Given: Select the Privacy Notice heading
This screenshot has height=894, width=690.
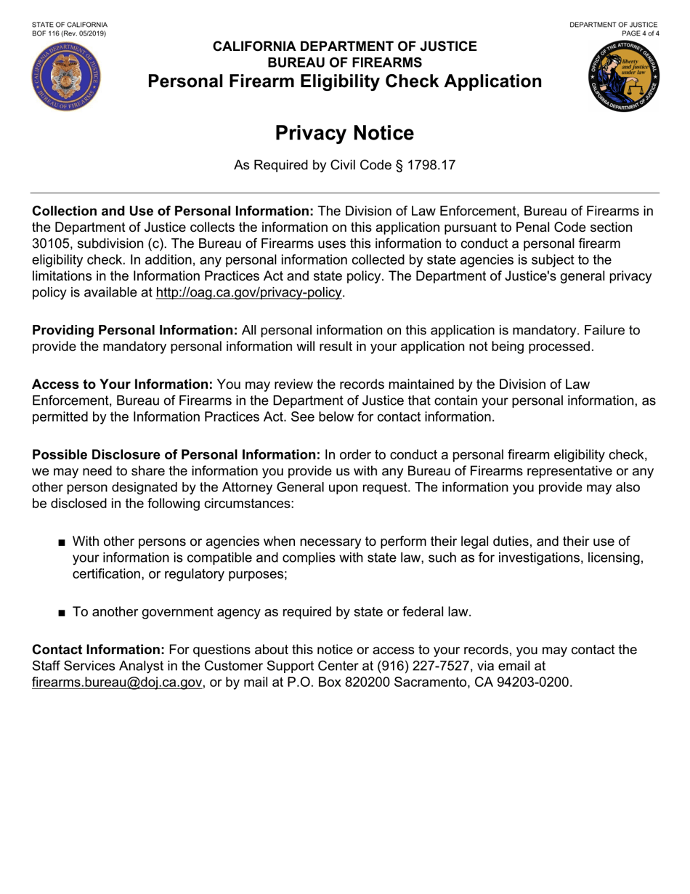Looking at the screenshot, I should [x=345, y=134].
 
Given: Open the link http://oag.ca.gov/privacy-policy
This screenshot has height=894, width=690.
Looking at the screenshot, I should [x=248, y=292].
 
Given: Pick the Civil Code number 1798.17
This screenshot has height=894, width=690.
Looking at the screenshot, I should [x=429, y=166].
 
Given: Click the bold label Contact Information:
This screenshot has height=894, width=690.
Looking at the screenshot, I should [x=99, y=650].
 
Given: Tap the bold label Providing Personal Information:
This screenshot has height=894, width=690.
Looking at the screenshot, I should [x=135, y=330].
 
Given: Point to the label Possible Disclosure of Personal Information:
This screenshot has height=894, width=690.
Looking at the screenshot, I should [x=176, y=455].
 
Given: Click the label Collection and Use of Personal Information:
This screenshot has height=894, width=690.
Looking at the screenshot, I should [x=173, y=212].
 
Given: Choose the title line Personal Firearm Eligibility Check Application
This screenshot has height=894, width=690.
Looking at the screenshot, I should [x=345, y=81].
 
